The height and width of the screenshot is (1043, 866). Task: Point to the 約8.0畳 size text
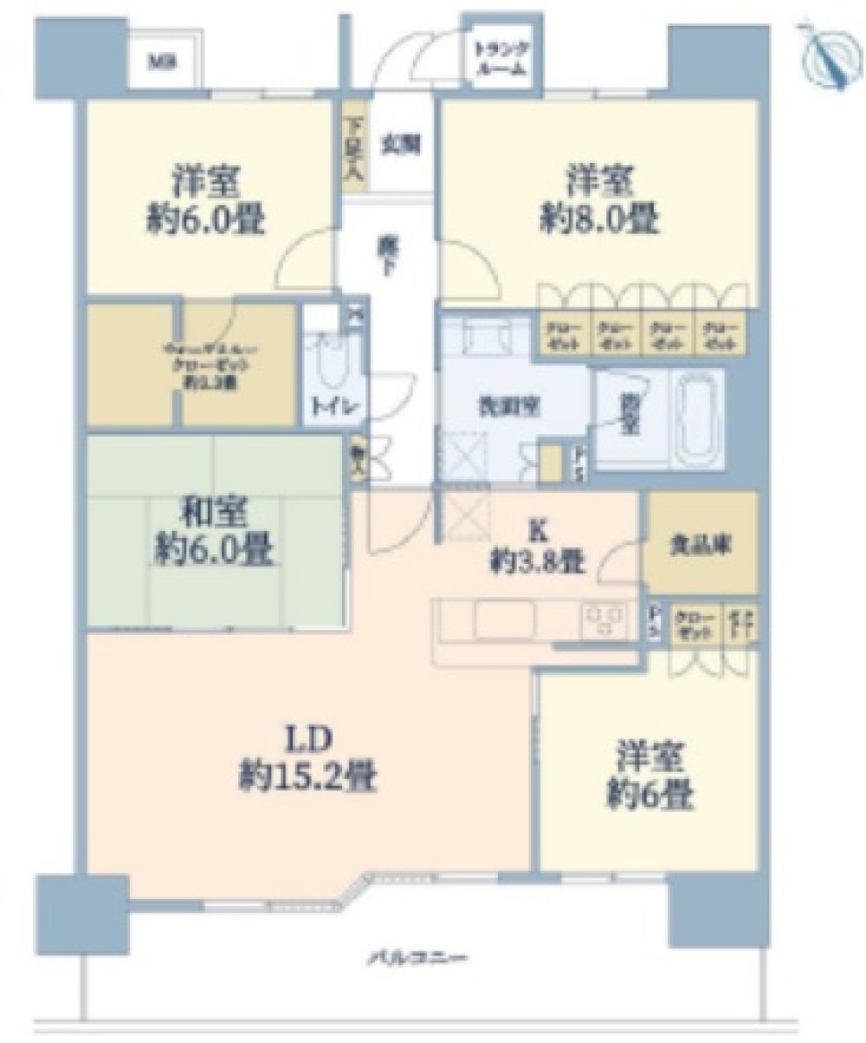pos(599,222)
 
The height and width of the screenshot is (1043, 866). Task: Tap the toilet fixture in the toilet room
pos(326,365)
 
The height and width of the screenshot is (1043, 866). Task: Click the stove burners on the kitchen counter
pos(604,618)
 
